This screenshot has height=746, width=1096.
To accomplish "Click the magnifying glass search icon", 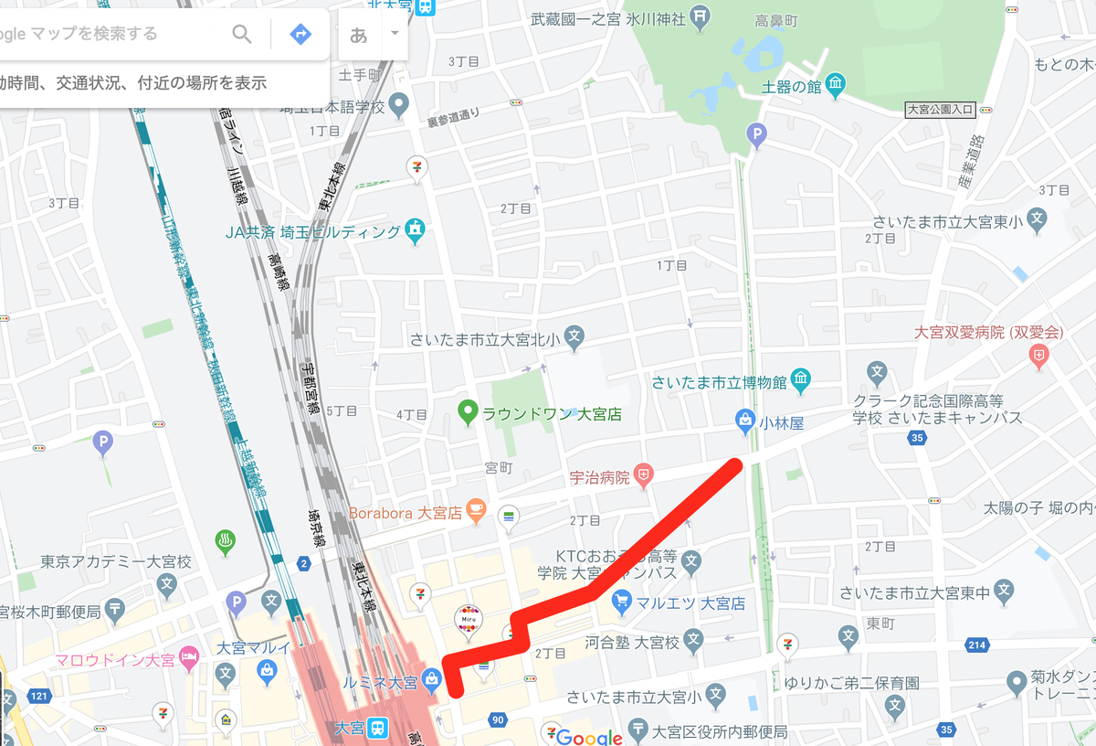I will pyautogui.click(x=241, y=35).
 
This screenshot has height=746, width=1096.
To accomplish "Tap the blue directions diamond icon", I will pyautogui.click(x=300, y=35).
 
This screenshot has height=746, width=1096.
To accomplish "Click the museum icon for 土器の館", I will pyautogui.click(x=836, y=87).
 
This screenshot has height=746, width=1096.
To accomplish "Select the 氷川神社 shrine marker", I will pyautogui.click(x=699, y=16).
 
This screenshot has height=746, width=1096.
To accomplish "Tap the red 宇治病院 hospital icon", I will pyautogui.click(x=645, y=475).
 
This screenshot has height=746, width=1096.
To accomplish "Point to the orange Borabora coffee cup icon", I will pyautogui.click(x=475, y=511).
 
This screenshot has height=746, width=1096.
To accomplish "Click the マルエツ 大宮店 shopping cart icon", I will pyautogui.click(x=622, y=602).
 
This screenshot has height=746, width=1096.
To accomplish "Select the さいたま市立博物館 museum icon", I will pyautogui.click(x=801, y=378).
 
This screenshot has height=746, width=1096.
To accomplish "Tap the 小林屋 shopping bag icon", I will pyautogui.click(x=744, y=421).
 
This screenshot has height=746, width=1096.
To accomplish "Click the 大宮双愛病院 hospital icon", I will pyautogui.click(x=1038, y=356).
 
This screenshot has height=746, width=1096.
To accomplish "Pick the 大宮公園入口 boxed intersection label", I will pyautogui.click(x=940, y=111).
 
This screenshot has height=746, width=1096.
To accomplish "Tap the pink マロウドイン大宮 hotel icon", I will pyautogui.click(x=189, y=656).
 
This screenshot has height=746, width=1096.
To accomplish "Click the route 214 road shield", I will pyautogui.click(x=976, y=646).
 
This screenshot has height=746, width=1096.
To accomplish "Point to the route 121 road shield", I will pyautogui.click(x=37, y=698).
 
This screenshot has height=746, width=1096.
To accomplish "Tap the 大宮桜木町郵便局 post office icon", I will pyautogui.click(x=116, y=608).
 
